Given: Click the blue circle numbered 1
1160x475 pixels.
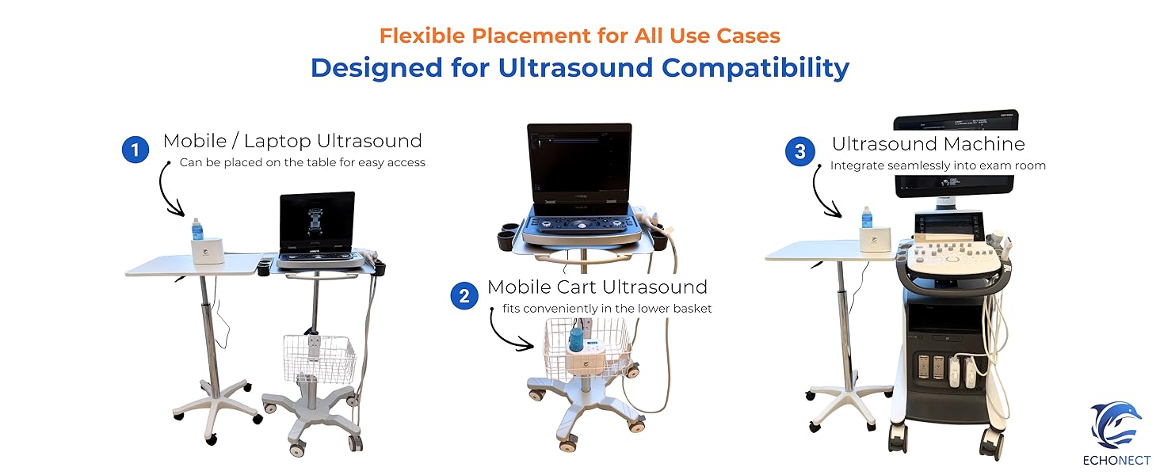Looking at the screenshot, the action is [135, 150].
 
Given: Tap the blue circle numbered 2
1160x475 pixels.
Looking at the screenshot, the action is [464, 295].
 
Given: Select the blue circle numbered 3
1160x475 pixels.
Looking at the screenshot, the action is [800, 152].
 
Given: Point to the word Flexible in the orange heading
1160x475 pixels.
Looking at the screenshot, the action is [422, 36].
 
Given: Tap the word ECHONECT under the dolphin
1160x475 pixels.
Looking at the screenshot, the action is [1116, 461].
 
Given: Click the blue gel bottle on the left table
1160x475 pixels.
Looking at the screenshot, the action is [197, 230].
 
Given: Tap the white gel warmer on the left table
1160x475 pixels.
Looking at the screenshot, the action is [207, 252].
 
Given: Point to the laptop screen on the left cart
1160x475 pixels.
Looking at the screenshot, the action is [317, 221].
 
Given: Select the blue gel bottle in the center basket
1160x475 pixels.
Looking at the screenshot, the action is [576, 338].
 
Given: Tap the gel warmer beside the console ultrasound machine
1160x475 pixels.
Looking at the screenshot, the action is [875, 240].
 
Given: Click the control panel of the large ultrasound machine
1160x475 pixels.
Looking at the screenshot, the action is [953, 255].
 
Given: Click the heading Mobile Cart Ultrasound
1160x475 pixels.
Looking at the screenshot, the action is [597, 287].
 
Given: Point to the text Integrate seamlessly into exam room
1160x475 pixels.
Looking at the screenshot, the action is [938, 165].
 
